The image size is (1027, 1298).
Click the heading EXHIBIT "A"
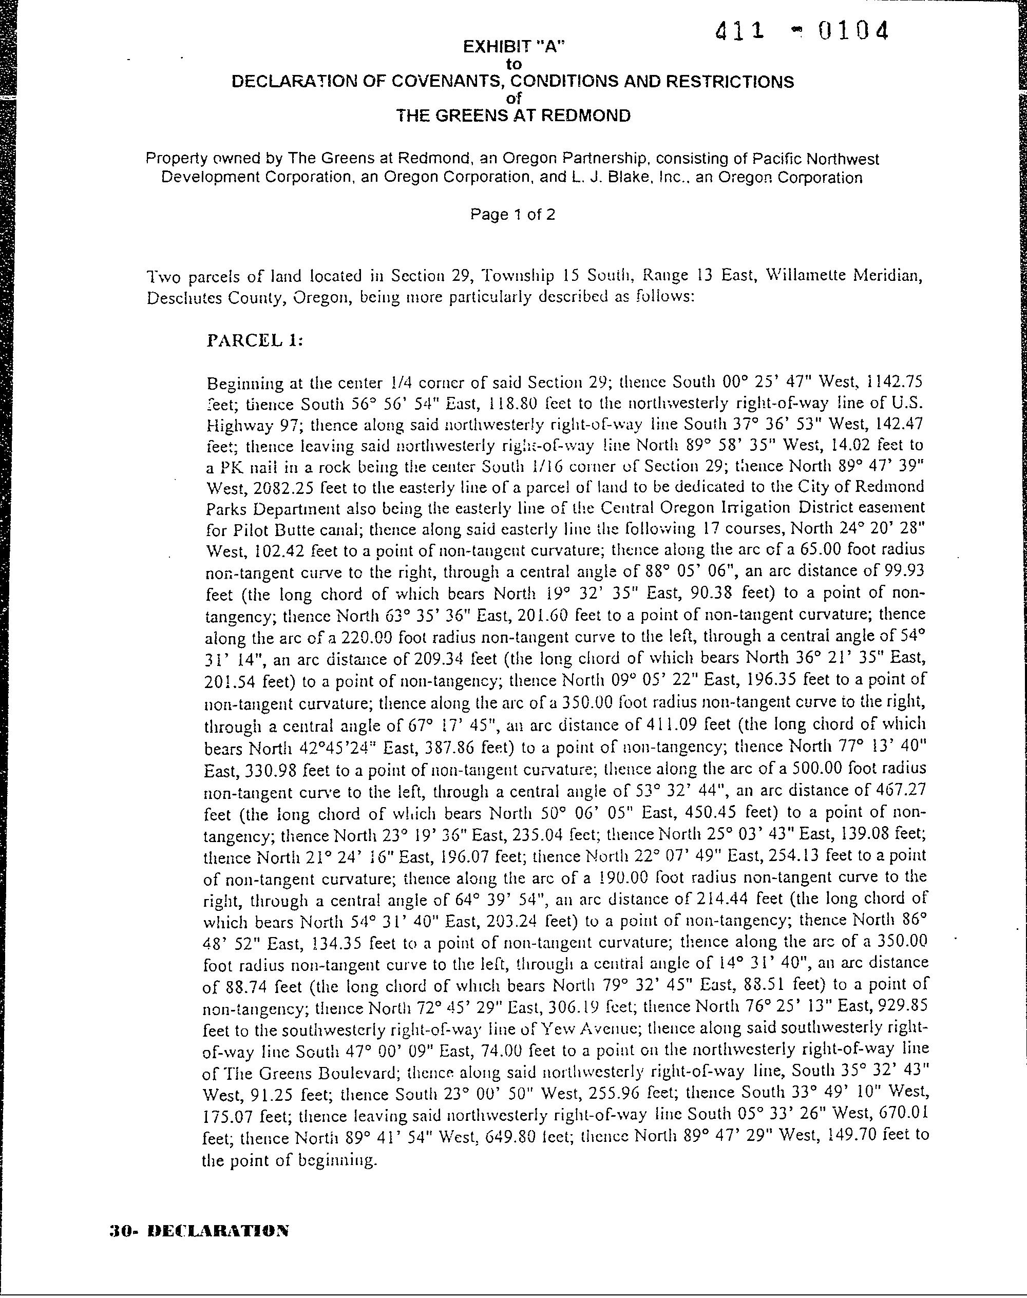pos(514,47)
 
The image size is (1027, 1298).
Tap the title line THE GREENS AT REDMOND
pos(513,116)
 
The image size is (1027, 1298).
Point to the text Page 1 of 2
pos(512,215)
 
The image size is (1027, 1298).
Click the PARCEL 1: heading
pos(255,340)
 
